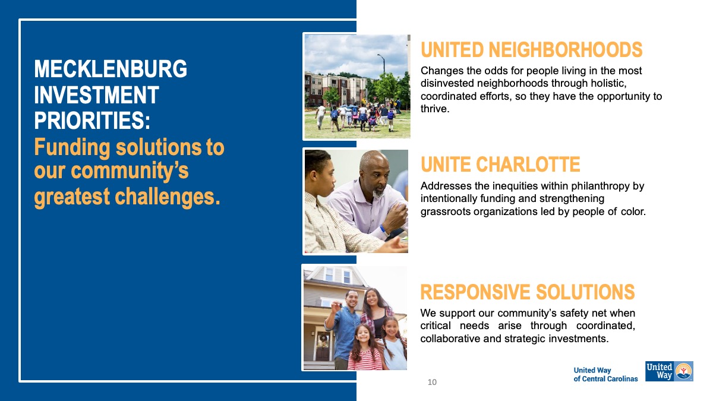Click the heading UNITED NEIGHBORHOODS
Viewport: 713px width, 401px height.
coord(532,50)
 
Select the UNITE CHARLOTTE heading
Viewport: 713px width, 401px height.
coord(500,164)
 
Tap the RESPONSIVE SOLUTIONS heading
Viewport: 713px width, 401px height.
coord(528,292)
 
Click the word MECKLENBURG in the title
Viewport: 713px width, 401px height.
coord(111,68)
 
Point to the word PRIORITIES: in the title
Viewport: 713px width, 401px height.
coord(92,120)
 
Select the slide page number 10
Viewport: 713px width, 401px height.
coord(432,382)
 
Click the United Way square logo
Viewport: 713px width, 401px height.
coord(670,371)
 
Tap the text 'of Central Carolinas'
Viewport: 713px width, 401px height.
coord(605,379)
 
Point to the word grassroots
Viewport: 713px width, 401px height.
coord(446,211)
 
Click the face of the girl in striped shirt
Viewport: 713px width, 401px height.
coord(363,335)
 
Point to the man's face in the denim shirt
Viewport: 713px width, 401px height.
coord(351,299)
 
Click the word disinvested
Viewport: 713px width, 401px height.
coord(447,83)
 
